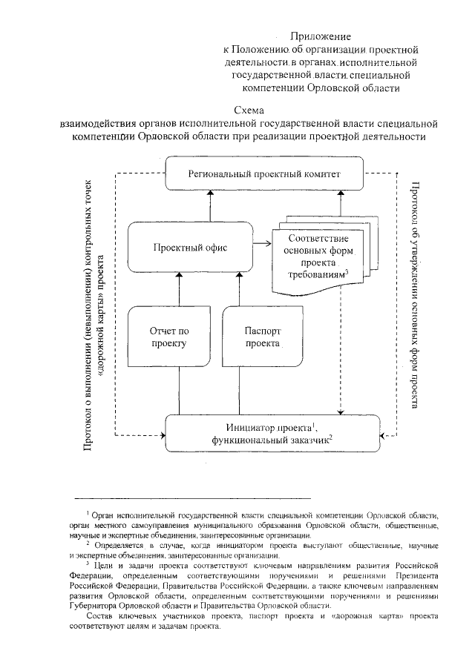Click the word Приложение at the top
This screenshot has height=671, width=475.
coord(320,36)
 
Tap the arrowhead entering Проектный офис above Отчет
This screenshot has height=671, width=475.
coord(178,276)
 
